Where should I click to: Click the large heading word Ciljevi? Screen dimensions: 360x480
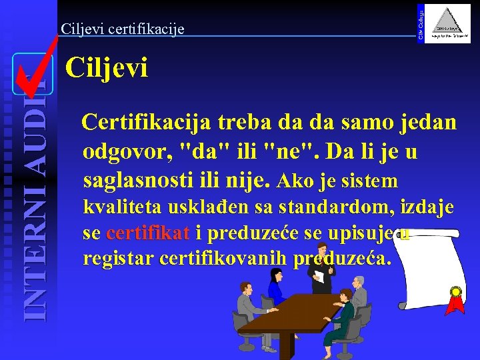click(106, 69)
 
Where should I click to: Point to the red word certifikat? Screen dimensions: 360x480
click(148, 233)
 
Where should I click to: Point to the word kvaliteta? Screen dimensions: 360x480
click(120, 208)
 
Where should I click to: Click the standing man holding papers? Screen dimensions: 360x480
click(324, 270)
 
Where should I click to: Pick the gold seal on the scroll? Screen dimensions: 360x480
click(456, 292)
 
